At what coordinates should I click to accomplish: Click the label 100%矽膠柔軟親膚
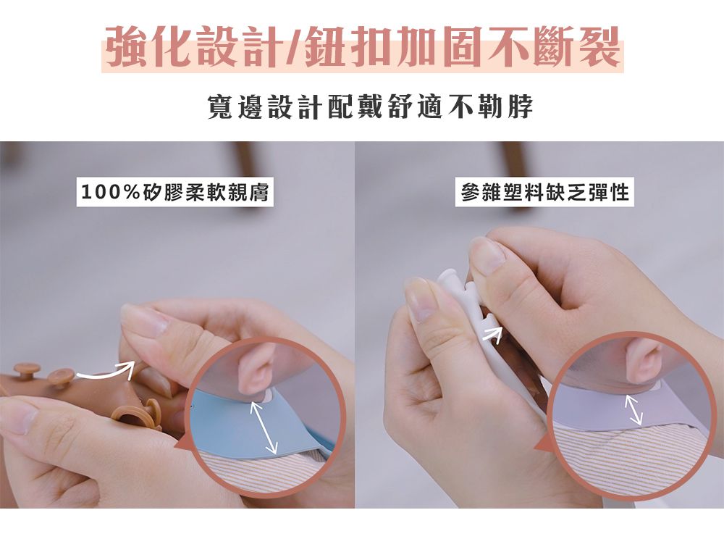175,192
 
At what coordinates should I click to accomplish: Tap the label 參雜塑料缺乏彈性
545,192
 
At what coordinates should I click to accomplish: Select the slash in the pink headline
292,46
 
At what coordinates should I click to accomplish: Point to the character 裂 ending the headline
599,46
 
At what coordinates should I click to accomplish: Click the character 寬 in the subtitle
220,107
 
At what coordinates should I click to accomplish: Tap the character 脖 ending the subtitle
521,107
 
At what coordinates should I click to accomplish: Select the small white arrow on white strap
492,335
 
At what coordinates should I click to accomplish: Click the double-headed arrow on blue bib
264,427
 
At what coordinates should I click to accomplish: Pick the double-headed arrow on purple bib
633,409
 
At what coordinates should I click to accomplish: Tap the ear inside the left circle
256,367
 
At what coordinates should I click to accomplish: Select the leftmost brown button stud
27,370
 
